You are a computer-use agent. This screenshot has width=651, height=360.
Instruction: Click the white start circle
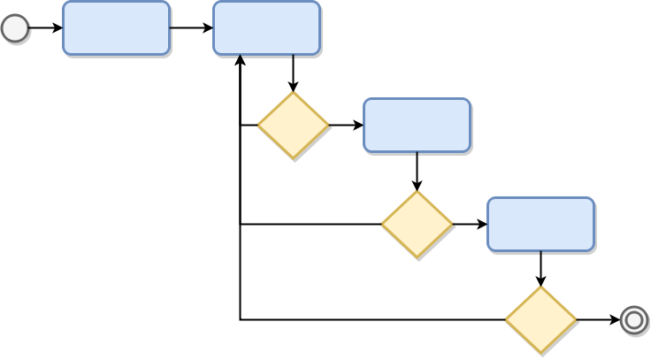coord(15,29)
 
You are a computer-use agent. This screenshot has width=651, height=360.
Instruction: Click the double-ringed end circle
coord(633,319)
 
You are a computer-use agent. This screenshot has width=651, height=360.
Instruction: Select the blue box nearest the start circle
coord(116,28)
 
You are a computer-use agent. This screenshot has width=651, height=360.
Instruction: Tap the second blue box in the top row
coord(266,28)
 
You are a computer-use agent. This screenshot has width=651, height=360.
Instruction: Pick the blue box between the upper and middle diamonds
coord(417,126)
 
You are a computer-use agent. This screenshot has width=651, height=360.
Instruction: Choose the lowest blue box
coord(540,224)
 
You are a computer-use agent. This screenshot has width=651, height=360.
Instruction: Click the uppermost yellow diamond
coord(293,126)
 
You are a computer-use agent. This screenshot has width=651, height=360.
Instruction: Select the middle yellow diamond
coord(417,225)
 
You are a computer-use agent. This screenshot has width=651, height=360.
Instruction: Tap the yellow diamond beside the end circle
coord(540,320)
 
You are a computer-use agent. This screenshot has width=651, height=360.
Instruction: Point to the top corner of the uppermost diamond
coord(293,92)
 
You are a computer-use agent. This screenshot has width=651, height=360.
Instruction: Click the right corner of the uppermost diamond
coord(328,126)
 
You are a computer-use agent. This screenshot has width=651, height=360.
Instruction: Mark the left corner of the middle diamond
coord(382,225)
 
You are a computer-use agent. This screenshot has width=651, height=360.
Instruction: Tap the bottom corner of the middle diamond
coord(417,259)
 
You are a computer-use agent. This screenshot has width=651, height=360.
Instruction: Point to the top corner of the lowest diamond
coord(540,287)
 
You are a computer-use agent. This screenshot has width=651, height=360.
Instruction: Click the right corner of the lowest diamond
coord(576,320)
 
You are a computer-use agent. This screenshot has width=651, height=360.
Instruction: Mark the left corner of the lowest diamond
coord(506,320)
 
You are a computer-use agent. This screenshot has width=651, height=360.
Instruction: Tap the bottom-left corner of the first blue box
coord(65,53)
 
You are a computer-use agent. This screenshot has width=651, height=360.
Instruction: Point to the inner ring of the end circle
coord(633,319)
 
